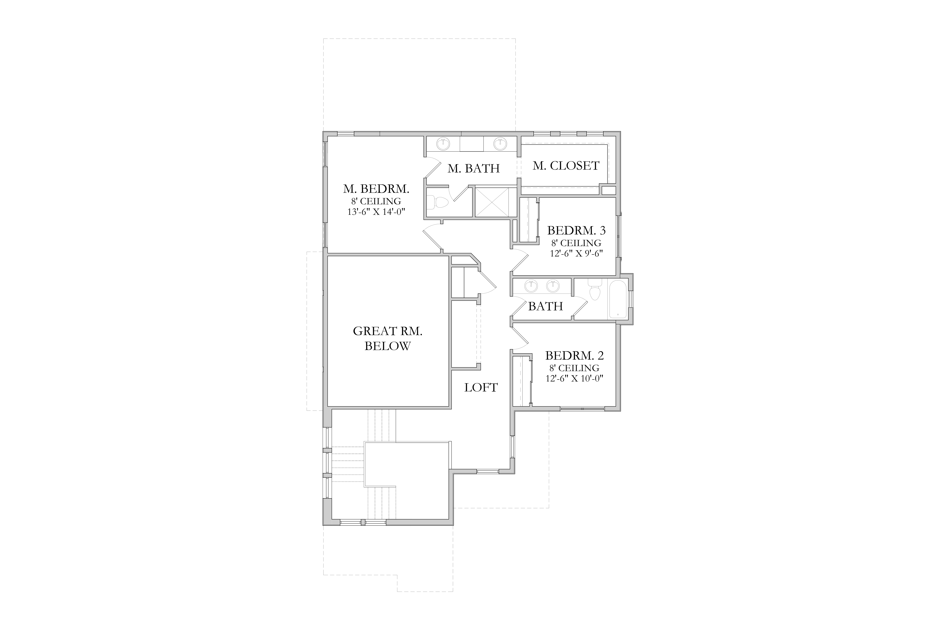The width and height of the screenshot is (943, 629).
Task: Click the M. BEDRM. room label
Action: tap(376, 189)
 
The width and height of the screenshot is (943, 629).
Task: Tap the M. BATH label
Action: tap(473, 169)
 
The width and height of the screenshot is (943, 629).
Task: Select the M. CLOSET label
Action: tap(566, 166)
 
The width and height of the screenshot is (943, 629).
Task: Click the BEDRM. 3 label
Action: tap(576, 231)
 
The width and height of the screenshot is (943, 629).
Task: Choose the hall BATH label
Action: tap(545, 307)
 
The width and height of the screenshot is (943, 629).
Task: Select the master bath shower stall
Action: tap(494, 202)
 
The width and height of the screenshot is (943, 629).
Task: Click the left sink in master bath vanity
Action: tap(443, 143)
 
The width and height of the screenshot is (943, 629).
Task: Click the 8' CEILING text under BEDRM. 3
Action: tap(576, 243)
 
